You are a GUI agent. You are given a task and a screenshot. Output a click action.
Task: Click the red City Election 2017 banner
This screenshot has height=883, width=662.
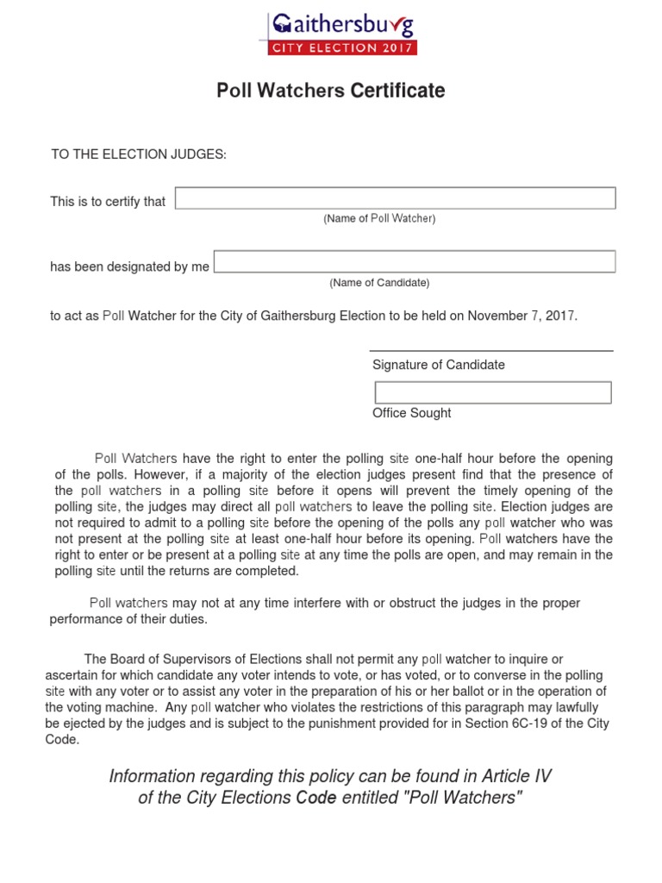(x=343, y=47)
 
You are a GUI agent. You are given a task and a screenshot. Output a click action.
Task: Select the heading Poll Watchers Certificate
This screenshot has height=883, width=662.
(x=331, y=91)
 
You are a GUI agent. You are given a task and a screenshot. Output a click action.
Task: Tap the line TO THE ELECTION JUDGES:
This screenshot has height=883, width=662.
(x=139, y=154)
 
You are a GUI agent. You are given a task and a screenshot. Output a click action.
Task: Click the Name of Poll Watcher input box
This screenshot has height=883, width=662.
(x=396, y=198)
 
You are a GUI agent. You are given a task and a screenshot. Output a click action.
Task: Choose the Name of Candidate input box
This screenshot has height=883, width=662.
(x=415, y=261)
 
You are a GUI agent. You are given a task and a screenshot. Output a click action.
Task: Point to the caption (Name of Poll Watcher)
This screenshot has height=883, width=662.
(x=379, y=219)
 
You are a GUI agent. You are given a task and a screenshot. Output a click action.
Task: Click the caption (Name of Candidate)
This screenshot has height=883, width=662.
(x=379, y=283)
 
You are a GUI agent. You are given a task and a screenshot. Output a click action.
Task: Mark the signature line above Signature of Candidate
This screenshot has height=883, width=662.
(x=491, y=351)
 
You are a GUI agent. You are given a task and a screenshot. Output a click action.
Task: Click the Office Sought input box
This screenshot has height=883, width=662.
(x=492, y=392)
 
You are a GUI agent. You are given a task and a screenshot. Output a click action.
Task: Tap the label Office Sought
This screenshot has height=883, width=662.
(x=411, y=413)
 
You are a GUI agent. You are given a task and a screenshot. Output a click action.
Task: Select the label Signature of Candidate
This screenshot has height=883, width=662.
(x=438, y=365)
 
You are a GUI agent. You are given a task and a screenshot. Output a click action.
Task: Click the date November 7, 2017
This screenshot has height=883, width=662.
(x=521, y=316)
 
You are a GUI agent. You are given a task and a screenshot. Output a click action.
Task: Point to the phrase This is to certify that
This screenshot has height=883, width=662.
(x=108, y=202)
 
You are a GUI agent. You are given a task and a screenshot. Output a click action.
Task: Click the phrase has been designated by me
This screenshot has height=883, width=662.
(x=129, y=266)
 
